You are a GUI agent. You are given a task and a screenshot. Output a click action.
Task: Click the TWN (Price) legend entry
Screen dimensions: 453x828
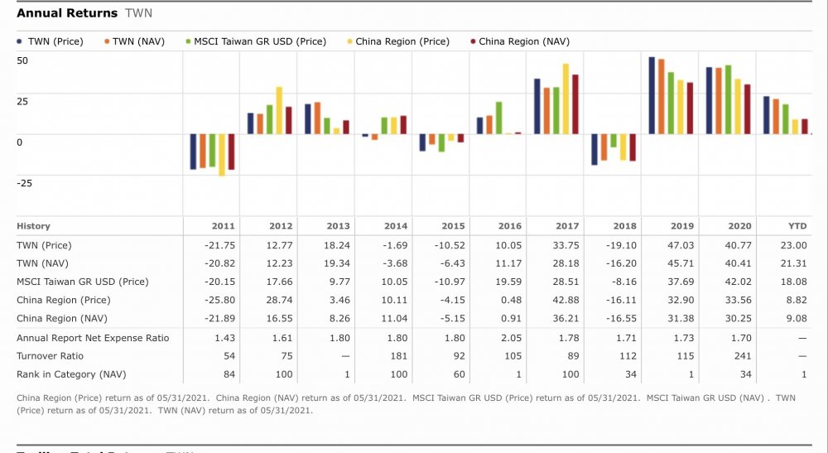[x=55, y=41]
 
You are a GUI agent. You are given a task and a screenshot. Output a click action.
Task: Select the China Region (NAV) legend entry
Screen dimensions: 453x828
[x=523, y=41]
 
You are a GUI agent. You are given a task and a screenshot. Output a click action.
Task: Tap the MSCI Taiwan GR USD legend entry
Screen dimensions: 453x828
[x=259, y=41]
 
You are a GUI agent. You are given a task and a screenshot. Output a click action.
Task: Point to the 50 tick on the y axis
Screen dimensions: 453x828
[x=22, y=60]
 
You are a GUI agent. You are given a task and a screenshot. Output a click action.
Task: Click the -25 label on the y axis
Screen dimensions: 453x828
[x=25, y=182]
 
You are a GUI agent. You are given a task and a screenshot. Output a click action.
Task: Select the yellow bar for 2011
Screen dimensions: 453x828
[x=222, y=155]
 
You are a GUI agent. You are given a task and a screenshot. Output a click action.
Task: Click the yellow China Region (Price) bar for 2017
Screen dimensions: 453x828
[x=566, y=99]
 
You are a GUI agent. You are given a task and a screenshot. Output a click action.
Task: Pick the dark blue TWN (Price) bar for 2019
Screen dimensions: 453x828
[x=652, y=95]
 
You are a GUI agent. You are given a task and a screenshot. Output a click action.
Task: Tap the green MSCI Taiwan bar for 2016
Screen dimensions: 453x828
[x=498, y=118]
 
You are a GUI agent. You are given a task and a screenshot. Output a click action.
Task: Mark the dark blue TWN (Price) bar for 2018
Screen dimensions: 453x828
[x=595, y=149]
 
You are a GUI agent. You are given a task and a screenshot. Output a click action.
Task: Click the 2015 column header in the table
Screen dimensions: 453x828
[x=453, y=226]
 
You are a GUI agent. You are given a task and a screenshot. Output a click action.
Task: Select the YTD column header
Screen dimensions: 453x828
[x=796, y=226]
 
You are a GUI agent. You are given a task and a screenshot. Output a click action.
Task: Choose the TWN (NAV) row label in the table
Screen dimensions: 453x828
[x=41, y=263]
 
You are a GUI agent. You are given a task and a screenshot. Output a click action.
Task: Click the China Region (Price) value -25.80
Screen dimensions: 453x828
[x=220, y=300]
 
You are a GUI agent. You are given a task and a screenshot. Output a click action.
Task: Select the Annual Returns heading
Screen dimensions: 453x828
[x=67, y=13]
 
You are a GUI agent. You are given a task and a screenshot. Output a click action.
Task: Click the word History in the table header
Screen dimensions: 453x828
[x=33, y=226]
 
